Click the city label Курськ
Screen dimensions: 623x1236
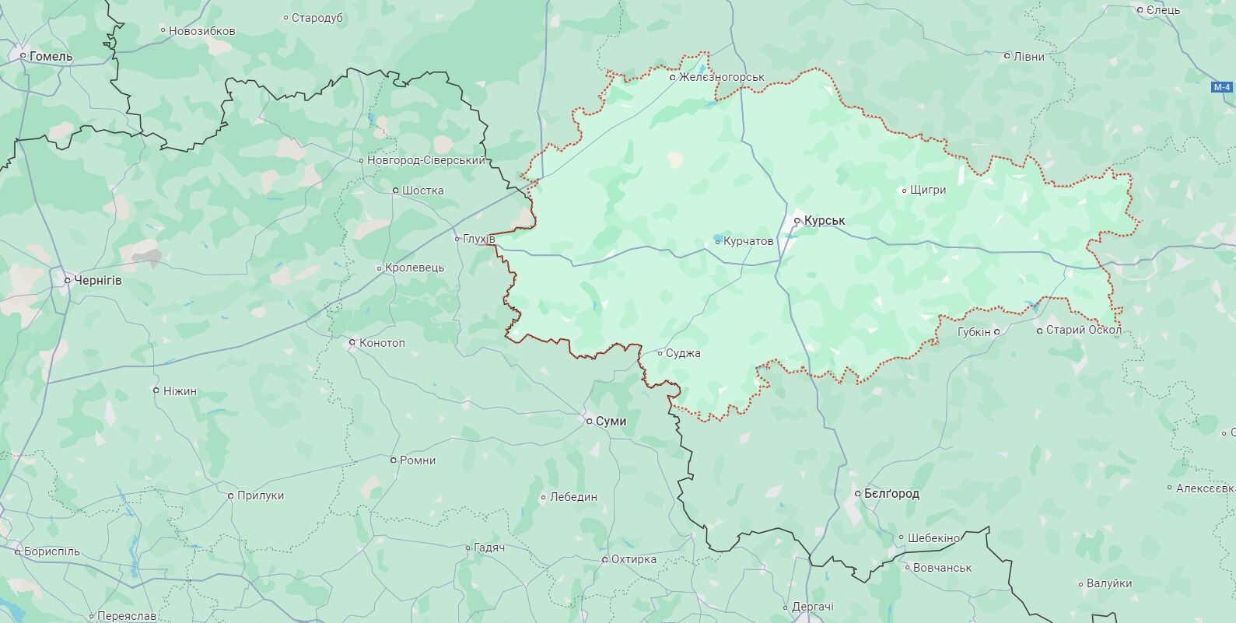tap(825, 221)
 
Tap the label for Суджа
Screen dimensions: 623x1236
tap(683, 353)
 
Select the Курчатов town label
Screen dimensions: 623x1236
tap(748, 242)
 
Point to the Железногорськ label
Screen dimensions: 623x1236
tap(721, 77)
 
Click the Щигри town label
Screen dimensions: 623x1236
tap(927, 190)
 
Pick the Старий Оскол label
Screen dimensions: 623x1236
tap(1084, 331)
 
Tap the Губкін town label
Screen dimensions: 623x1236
tap(974, 331)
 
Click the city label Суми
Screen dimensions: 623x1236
tap(611, 421)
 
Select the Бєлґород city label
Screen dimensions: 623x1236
tap(891, 494)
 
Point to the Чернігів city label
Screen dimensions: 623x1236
tap(97, 280)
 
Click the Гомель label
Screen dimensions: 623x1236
tap(51, 56)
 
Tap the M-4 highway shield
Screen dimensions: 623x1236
tap(1222, 87)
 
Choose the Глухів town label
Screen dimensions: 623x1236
tap(478, 239)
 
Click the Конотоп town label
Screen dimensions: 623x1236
tap(381, 343)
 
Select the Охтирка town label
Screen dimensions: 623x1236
tap(633, 559)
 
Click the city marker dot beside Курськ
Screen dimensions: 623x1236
tap(797, 221)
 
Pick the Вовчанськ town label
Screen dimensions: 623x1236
tap(942, 568)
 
